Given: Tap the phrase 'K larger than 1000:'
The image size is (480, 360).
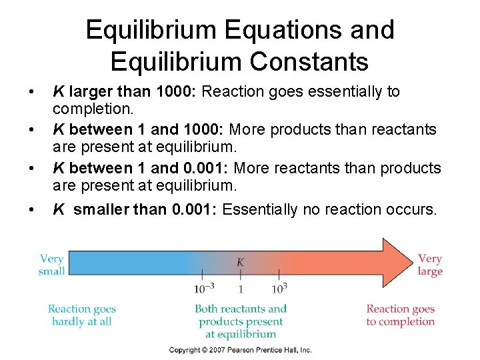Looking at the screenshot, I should click(125, 91).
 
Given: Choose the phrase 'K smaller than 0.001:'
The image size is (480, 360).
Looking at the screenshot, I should click(135, 210).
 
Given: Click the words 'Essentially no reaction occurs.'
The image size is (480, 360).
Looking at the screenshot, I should click(330, 210).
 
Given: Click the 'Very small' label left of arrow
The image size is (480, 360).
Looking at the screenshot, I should click(51, 265).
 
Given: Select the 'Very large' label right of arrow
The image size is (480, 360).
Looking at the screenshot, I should click(430, 265).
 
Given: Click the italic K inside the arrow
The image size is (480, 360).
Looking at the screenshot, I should click(240, 262).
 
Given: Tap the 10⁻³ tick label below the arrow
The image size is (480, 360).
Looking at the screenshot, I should click(204, 288).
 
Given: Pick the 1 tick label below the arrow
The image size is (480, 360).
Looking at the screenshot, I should click(240, 289).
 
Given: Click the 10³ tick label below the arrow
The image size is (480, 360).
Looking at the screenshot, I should click(279, 288).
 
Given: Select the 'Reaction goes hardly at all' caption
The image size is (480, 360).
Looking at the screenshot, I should click(81, 315).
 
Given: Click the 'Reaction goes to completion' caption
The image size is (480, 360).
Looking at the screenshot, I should click(400, 315).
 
